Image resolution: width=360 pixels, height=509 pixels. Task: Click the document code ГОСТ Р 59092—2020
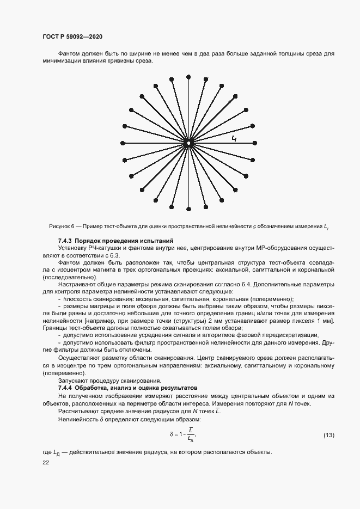click(x=72, y=36)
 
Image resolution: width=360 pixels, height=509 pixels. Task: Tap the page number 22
click(x=45, y=462)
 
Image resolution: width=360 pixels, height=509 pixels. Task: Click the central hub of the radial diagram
click(x=188, y=143)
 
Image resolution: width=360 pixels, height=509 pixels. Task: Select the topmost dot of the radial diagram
click(x=188, y=76)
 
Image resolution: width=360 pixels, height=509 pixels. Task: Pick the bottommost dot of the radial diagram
click(x=188, y=210)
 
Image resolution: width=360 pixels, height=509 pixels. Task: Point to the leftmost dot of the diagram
click(x=122, y=143)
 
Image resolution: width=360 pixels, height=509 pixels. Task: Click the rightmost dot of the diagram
click(x=255, y=143)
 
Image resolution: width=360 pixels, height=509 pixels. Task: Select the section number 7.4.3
click(x=65, y=241)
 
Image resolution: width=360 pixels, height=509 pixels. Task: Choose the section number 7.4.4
click(x=65, y=388)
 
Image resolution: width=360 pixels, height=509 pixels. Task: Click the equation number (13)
click(x=328, y=434)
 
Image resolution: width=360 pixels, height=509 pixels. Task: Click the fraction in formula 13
click(x=190, y=434)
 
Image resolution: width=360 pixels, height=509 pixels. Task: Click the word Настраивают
click(x=77, y=284)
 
